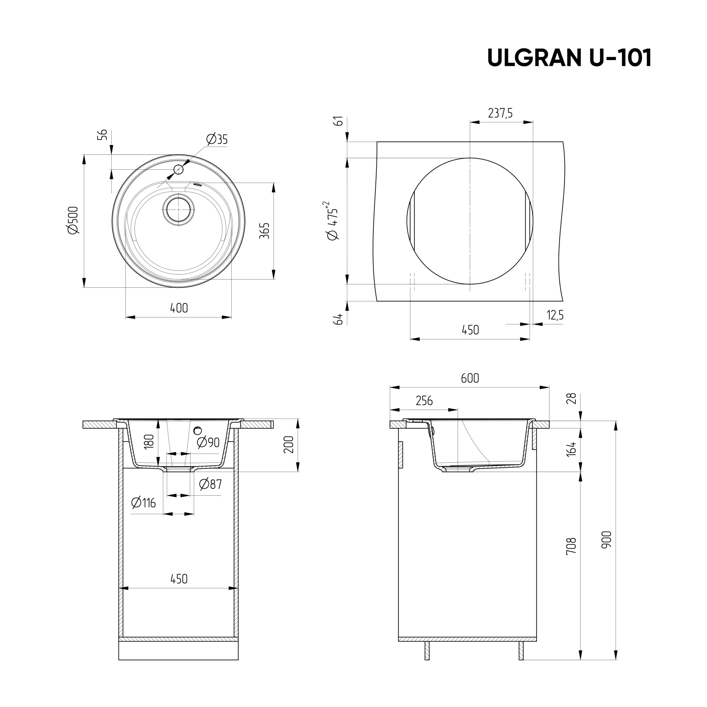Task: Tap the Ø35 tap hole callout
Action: (217, 139)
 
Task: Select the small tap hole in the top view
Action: (178, 169)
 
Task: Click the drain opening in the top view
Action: (178, 210)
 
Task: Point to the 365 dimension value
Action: (264, 230)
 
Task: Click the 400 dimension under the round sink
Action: (179, 308)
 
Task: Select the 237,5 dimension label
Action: (500, 113)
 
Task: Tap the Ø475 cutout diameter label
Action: (332, 221)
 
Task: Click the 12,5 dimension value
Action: (555, 315)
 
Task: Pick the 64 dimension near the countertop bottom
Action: (339, 319)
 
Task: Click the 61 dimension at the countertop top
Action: (339, 121)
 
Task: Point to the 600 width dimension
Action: (470, 378)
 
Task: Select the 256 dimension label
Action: (424, 401)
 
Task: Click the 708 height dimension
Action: (571, 546)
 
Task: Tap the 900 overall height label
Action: (606, 540)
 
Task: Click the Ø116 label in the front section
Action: (144, 503)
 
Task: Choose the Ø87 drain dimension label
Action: (210, 485)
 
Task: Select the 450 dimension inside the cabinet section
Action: (179, 579)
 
